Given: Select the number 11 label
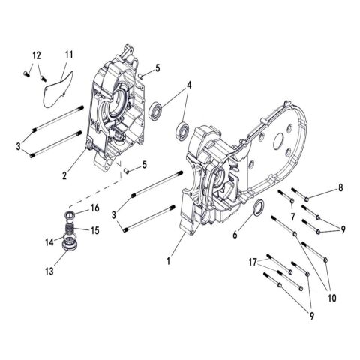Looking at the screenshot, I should tap(68, 55).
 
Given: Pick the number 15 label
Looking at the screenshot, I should tap(95, 229).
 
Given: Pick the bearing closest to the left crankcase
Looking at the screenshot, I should tap(157, 109).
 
